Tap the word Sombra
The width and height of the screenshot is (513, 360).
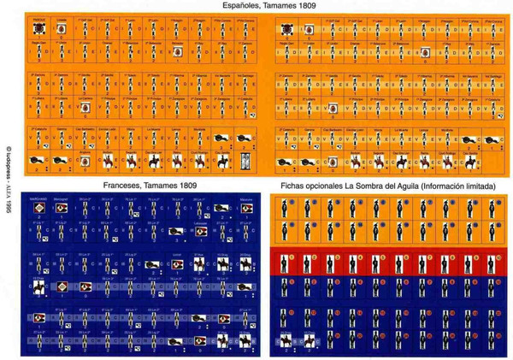tap(369, 186)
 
